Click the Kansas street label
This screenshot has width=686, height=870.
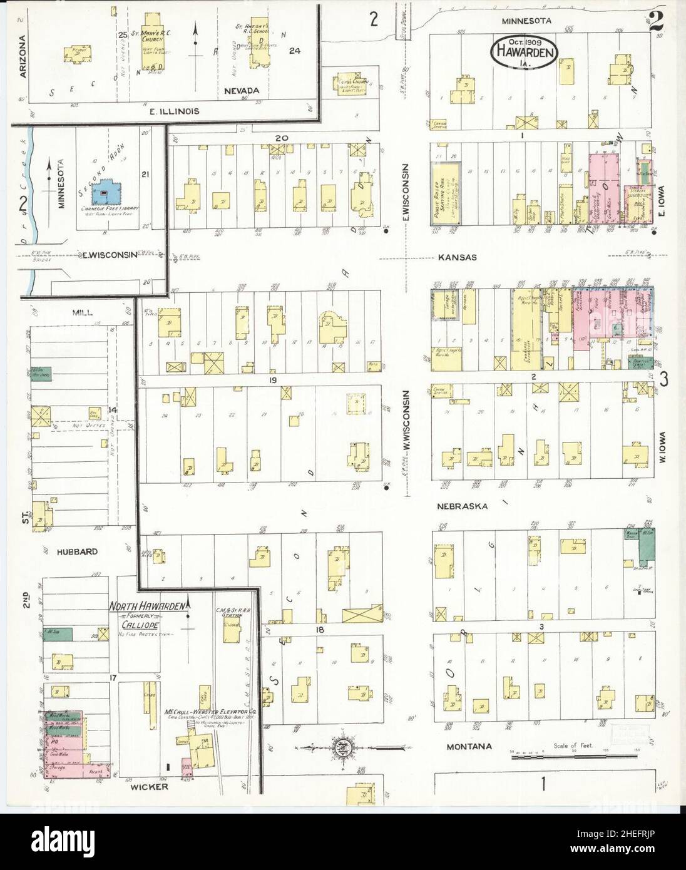(457, 257)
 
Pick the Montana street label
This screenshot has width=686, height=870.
(466, 747)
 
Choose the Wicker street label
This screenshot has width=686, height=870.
(149, 786)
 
